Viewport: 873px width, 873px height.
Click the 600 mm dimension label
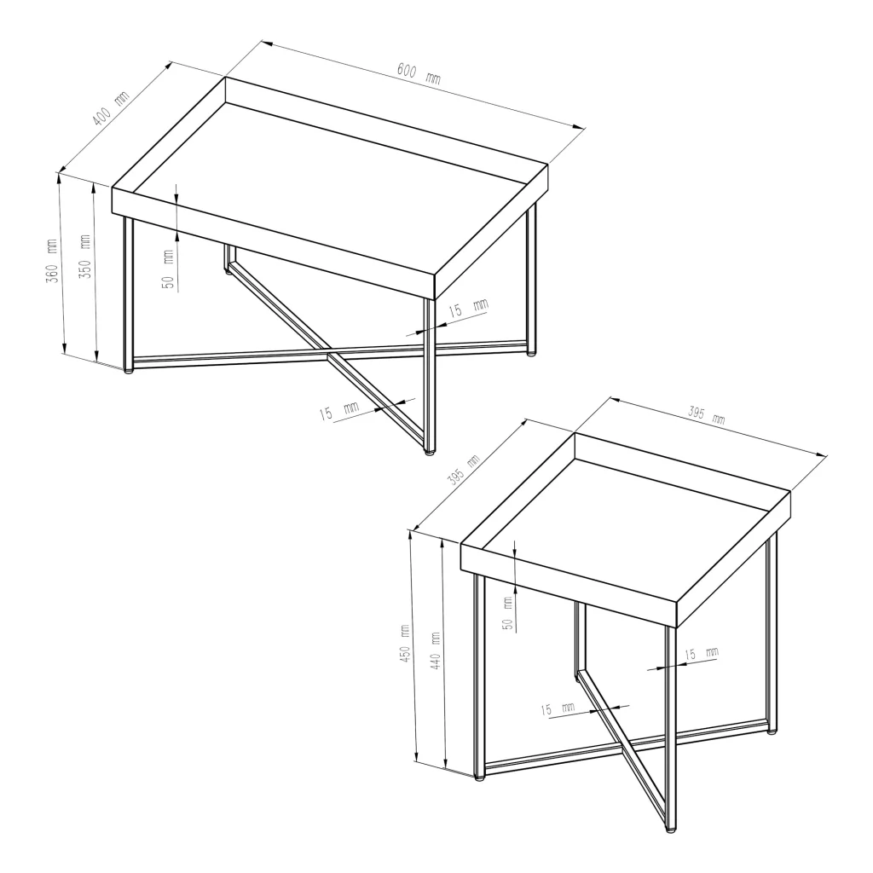pos(419,73)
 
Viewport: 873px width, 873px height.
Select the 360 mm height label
pos(52,261)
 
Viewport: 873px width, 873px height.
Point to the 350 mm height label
pos(85,257)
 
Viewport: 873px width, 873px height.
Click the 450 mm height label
pos(405,643)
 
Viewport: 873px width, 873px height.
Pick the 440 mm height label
pos(436,650)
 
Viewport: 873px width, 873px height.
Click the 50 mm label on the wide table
pos(169,269)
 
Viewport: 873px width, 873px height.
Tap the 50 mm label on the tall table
pos(507,613)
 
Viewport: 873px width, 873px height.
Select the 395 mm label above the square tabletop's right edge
pos(707,415)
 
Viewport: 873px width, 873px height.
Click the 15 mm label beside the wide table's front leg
pos(468,307)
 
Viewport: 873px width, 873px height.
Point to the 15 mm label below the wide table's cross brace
pos(339,411)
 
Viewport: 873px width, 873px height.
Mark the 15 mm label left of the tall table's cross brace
pos(558,708)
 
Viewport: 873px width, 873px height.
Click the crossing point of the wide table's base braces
pos(330,353)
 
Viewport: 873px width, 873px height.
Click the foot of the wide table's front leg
pos(430,453)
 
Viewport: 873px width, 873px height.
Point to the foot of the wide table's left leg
pos(129,370)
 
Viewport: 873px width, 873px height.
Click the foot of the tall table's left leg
pos(479,778)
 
